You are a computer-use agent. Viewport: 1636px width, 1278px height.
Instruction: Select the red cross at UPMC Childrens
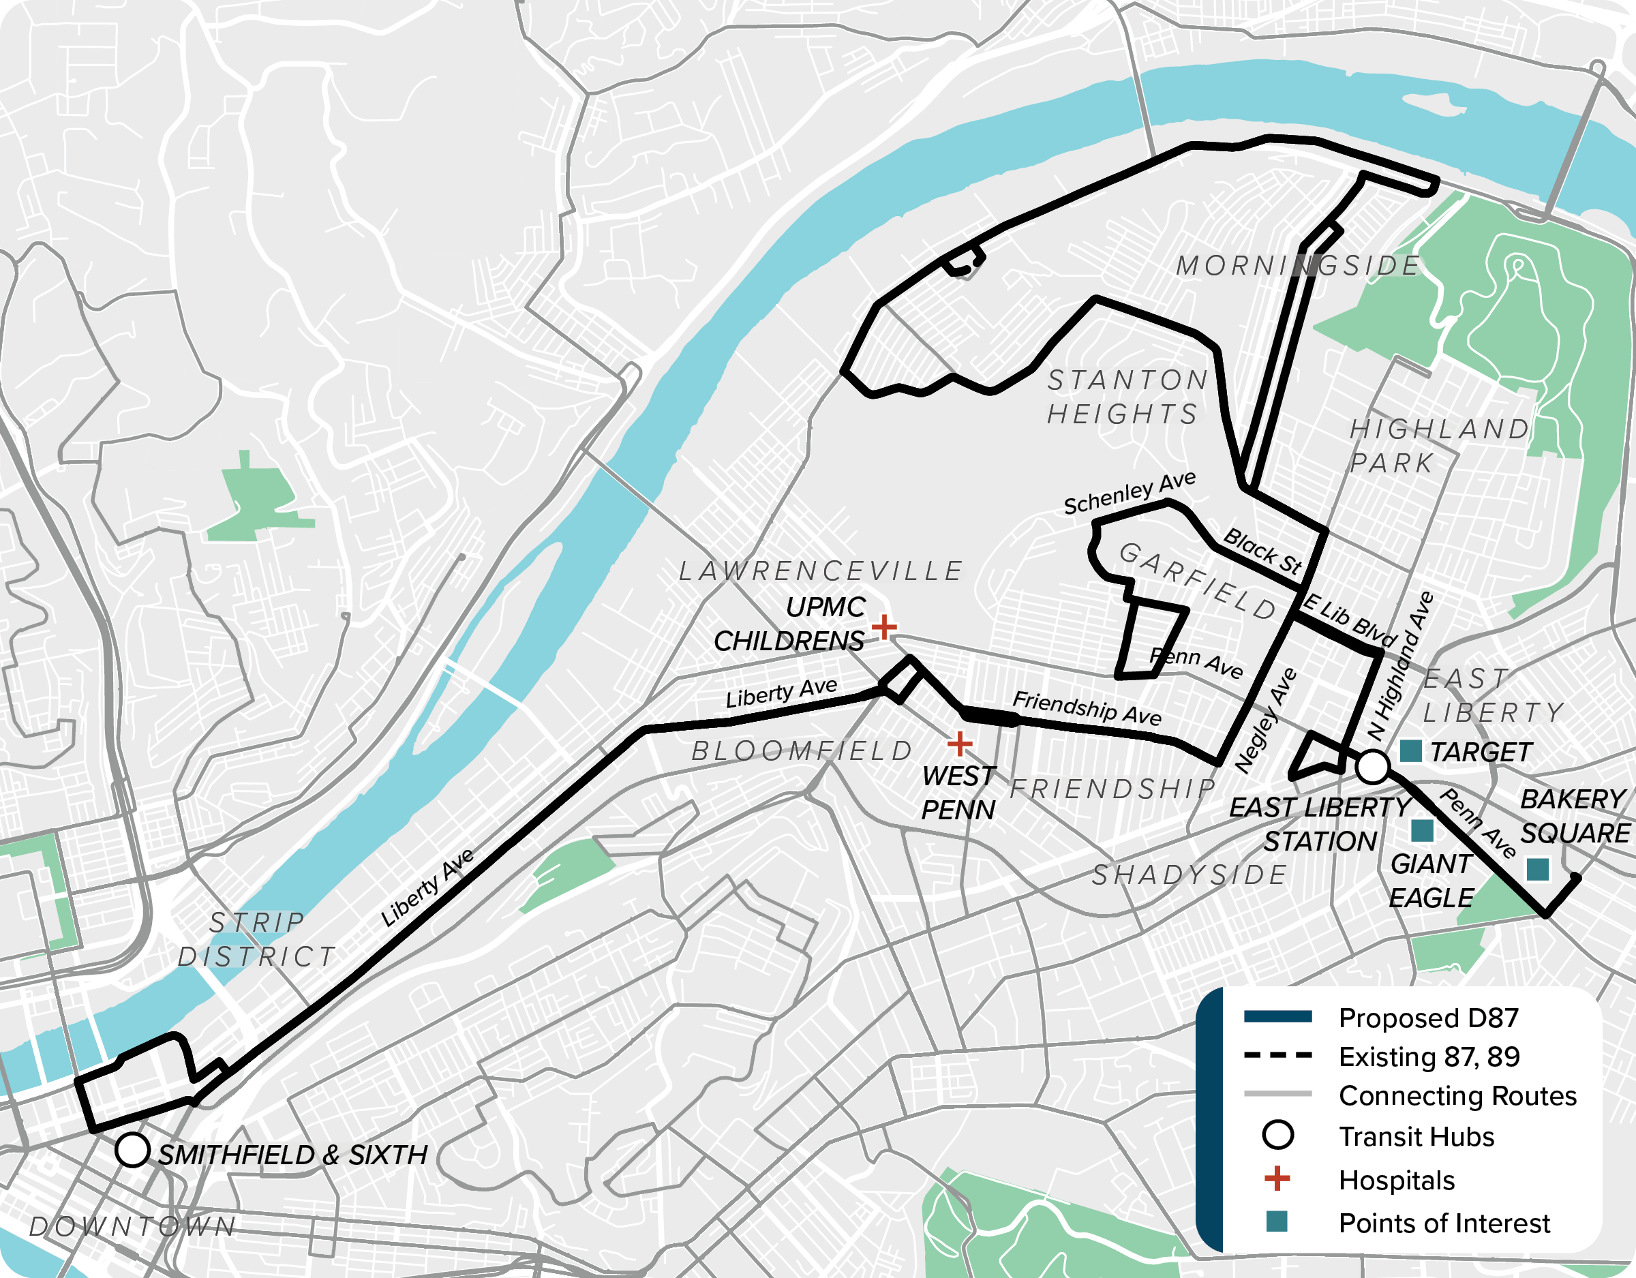click(884, 626)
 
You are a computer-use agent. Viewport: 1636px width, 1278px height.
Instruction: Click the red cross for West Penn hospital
click(960, 744)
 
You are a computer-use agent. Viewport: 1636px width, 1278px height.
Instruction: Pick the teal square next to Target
click(1410, 750)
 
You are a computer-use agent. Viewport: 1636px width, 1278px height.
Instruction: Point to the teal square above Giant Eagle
click(1422, 830)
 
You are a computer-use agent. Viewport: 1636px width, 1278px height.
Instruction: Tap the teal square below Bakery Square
click(1537, 869)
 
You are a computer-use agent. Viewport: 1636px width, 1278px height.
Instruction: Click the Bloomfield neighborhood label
click(802, 750)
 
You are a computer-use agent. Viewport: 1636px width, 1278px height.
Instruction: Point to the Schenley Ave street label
click(1129, 493)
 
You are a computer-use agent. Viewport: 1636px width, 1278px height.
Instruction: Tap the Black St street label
click(1262, 551)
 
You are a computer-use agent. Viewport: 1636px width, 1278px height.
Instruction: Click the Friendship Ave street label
click(1086, 708)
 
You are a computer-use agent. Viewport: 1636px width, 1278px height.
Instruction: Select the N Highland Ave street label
click(1399, 665)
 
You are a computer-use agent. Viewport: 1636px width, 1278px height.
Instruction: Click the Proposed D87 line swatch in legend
click(1277, 1016)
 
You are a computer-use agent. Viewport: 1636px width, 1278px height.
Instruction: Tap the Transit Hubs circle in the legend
click(1277, 1135)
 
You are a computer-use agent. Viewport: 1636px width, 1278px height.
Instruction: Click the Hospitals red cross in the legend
click(1277, 1178)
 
